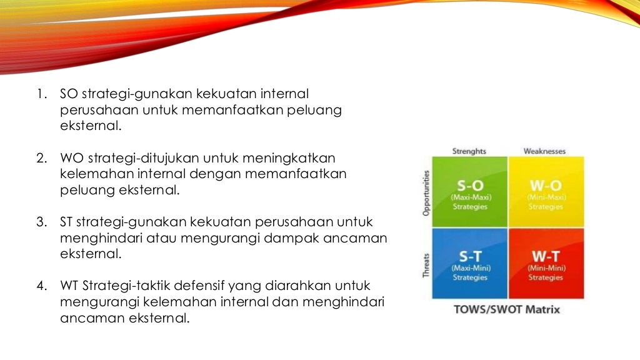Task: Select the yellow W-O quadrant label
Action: (546, 187)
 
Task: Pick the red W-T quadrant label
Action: (546, 256)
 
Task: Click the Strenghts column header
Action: (469, 151)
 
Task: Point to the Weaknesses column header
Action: (544, 151)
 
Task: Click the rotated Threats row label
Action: (427, 265)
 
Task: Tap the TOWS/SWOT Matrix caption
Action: (507, 309)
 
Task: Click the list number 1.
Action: (41, 95)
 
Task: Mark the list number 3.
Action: (41, 222)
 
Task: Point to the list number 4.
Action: (41, 286)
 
